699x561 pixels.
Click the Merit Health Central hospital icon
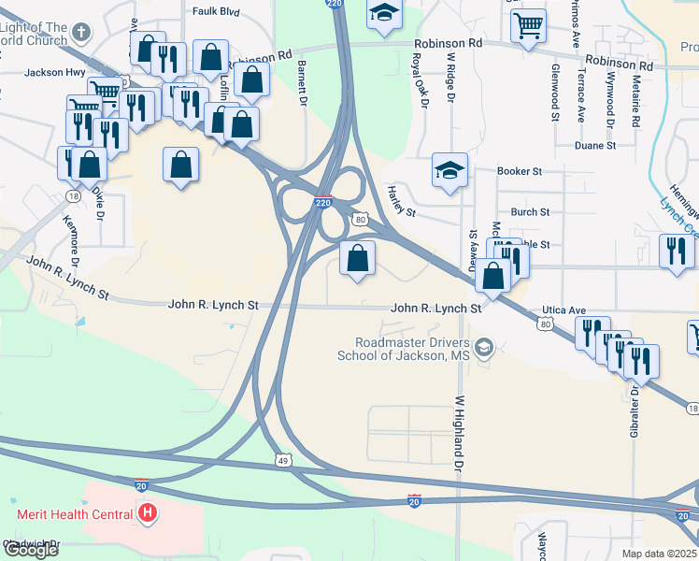click(147, 512)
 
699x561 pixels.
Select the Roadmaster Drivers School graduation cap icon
click(483, 349)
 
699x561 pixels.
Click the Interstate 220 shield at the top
click(335, 5)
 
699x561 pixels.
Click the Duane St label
click(595, 146)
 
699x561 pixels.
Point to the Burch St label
click(530, 212)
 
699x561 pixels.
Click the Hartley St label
click(401, 200)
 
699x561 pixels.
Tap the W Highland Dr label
click(459, 433)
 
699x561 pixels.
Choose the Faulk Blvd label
click(216, 12)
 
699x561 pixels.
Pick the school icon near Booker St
click(449, 171)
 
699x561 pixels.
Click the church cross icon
click(81, 32)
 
